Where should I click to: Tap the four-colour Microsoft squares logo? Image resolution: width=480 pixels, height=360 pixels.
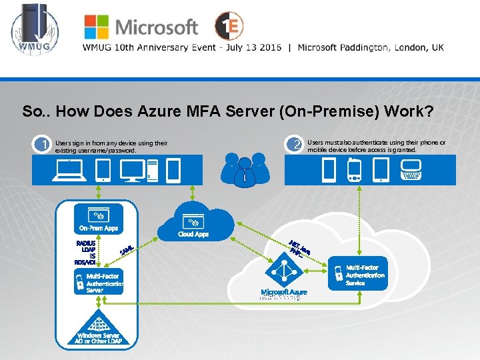click(x=95, y=27)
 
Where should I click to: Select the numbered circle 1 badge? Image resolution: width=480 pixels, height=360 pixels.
click(x=43, y=144)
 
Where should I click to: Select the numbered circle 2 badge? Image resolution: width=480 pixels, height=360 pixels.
click(x=294, y=144)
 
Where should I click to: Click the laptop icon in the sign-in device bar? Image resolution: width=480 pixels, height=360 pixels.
click(x=71, y=170)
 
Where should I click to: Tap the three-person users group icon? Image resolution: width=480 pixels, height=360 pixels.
click(x=246, y=171)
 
